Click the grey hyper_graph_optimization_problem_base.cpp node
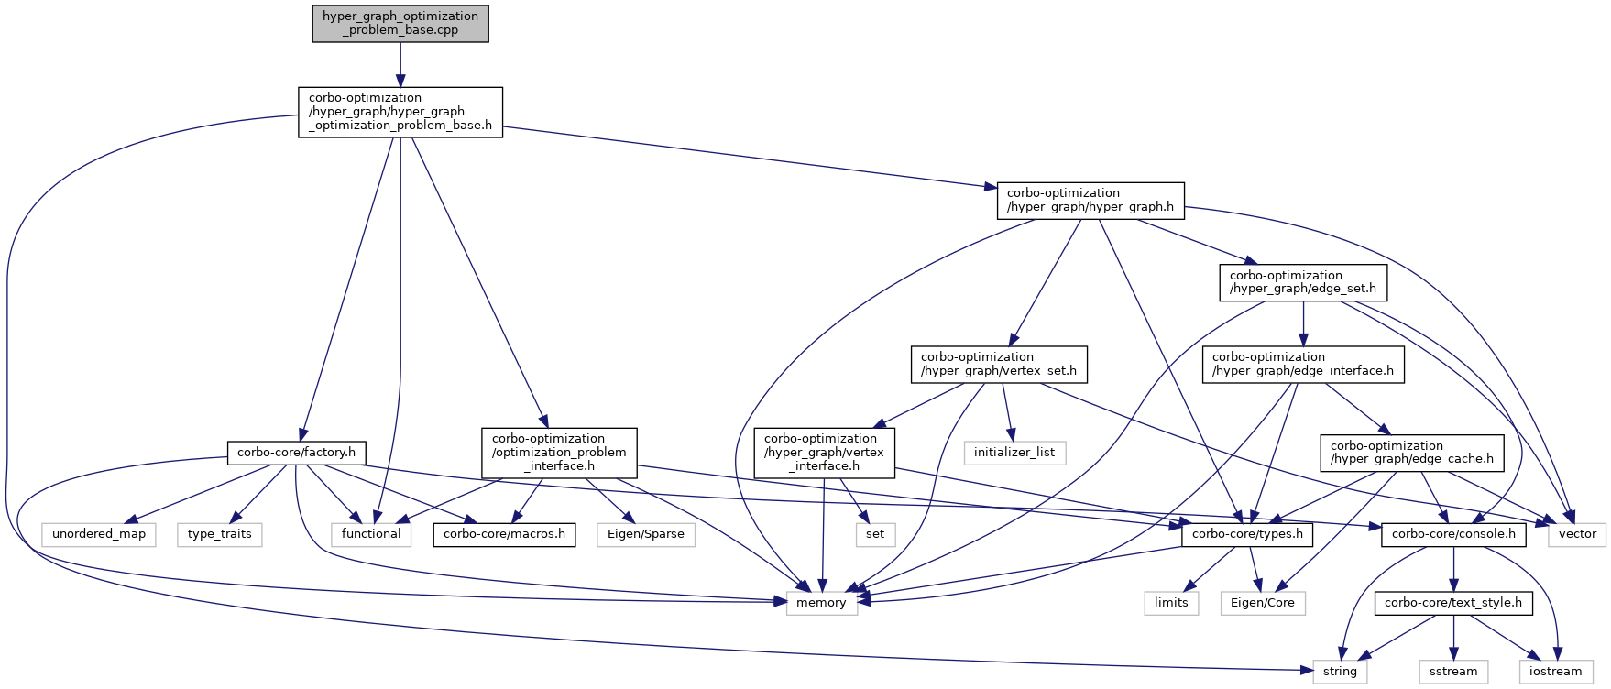click(x=400, y=23)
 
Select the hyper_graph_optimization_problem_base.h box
click(x=400, y=112)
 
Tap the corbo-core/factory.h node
click(x=296, y=453)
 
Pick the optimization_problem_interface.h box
click(x=559, y=453)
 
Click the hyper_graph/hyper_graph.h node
click(x=1090, y=200)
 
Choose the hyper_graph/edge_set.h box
click(x=1302, y=282)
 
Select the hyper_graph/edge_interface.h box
click(x=1302, y=364)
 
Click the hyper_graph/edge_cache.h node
click(x=1411, y=453)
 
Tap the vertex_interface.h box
click(x=824, y=453)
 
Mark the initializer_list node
click(x=1014, y=453)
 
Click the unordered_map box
click(x=99, y=534)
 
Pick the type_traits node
click(x=220, y=534)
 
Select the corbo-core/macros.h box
click(x=504, y=534)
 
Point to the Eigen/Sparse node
click(x=646, y=534)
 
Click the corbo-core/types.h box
click(x=1247, y=534)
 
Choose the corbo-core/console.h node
click(x=1453, y=534)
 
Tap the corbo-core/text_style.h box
click(x=1452, y=603)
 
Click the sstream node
click(x=1453, y=672)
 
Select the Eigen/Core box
click(x=1263, y=603)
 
